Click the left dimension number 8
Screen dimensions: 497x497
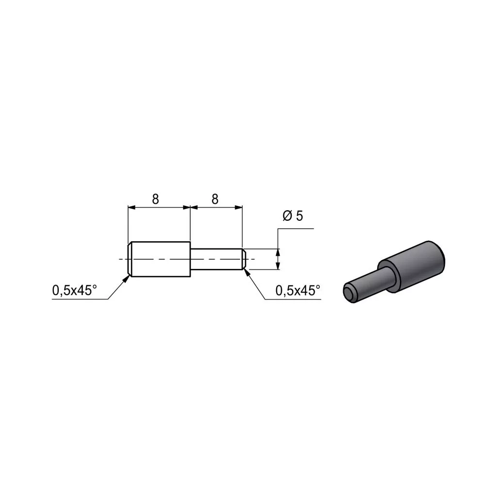(x=155, y=199)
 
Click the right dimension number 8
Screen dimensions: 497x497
(x=215, y=199)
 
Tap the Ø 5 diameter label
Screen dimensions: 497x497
(x=293, y=216)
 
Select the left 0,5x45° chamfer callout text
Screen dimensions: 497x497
(x=74, y=290)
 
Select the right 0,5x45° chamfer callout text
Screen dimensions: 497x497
(x=298, y=290)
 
